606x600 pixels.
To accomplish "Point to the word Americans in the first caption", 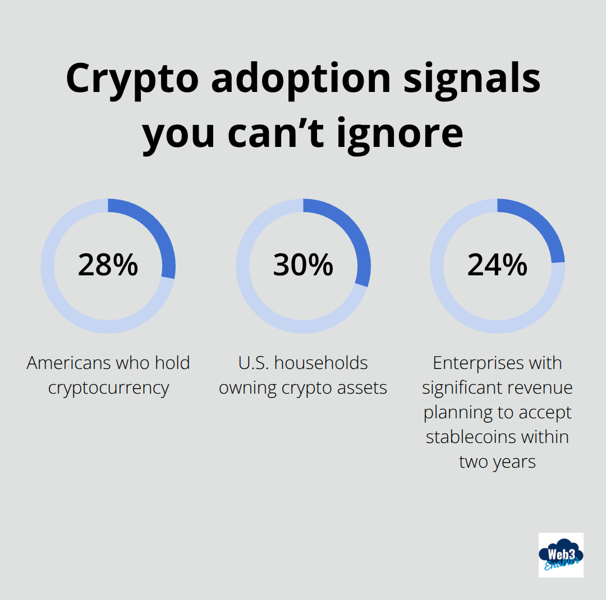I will pos(69,363).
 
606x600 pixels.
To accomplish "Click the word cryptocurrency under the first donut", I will pos(108,388).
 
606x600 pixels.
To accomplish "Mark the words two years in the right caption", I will pos(497,461).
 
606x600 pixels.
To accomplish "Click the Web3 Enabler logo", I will pos(561,555).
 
